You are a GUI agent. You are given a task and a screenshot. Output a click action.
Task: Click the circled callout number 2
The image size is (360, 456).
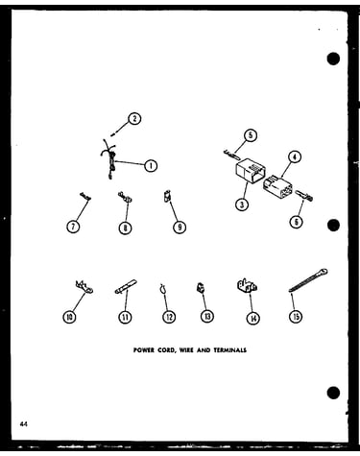coord(134,119)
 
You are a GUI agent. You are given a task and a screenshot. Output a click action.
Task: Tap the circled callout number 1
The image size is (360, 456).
coord(151,165)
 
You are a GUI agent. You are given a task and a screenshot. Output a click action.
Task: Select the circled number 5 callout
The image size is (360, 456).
coord(251,135)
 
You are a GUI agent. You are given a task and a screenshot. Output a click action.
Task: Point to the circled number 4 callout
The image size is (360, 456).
coord(295,157)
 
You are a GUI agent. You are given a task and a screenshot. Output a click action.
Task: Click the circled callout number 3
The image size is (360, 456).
coord(242,204)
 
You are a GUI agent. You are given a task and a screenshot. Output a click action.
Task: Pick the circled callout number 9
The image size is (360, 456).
coord(180,228)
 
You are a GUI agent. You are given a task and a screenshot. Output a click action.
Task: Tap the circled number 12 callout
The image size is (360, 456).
coord(169,317)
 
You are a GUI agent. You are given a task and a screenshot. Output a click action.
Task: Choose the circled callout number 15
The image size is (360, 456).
coord(296,317)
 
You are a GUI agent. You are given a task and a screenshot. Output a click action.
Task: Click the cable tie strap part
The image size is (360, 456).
coord(308,280)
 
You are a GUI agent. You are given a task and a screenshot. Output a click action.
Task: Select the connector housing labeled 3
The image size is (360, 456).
coord(251,171)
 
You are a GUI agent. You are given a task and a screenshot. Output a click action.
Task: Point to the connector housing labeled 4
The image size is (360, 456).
coord(277,186)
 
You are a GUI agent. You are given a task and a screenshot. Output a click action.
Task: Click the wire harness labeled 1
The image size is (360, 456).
coord(109,159)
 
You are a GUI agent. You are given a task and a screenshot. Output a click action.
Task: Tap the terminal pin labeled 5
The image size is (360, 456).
coord(232,155)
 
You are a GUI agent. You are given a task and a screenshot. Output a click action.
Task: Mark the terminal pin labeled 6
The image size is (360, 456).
coord(305,196)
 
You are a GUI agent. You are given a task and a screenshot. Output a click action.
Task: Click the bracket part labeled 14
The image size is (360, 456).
coord(247,285)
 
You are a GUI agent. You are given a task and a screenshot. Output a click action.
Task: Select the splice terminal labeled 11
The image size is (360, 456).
coord(126,286)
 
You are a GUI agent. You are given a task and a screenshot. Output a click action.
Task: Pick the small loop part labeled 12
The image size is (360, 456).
coord(163,290)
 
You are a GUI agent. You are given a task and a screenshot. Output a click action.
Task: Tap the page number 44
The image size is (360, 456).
coord(24,424)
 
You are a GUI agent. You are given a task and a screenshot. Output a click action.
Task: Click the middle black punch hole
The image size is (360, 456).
coord(333,226)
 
